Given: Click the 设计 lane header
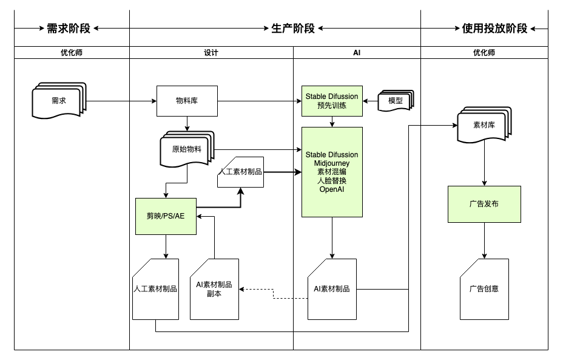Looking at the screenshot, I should coord(211,53).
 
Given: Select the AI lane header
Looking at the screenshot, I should coord(357,53).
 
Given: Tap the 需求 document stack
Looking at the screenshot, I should coord(59,101).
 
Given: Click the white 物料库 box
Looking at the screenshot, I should coord(187,101).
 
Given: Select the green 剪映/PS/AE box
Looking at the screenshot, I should coord(166,216).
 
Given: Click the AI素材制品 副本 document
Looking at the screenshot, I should coord(214,289).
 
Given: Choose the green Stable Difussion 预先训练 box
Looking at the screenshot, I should coord(332,101).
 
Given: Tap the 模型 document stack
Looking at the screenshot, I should coord(396,101).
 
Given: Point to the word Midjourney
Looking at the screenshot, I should coord(332,163).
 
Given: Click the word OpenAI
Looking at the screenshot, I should coord(332,189).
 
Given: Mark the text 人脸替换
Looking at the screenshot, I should coord(332,181).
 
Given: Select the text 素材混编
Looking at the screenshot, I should coord(332,172).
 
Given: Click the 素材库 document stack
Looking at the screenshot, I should coord(484,125).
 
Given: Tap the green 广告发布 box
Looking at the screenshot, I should coord(484,204).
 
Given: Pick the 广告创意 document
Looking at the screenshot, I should coord(484,289).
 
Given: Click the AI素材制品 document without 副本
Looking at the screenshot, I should coord(332,289).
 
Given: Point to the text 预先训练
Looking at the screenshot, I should coord(332,106).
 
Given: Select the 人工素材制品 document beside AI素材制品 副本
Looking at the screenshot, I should coord(155,289).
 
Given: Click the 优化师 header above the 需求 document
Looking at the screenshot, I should coord(72,53).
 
